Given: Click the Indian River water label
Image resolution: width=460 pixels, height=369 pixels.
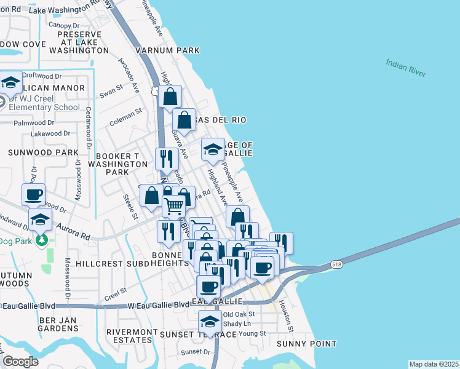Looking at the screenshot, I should (x=406, y=68).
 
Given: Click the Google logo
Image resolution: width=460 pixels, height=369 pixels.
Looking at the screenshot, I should (x=20, y=362).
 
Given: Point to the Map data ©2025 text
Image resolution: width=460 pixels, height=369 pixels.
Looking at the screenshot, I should (x=434, y=364).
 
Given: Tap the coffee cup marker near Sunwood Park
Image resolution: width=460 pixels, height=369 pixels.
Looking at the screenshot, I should (x=34, y=195).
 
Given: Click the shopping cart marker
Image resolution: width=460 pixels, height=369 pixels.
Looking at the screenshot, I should (x=175, y=207).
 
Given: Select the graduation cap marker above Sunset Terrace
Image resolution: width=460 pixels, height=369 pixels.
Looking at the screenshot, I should (x=210, y=322).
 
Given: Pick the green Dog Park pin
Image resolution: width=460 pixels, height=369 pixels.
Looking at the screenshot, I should (x=41, y=239).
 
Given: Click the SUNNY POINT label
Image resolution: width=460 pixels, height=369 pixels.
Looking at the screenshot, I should (x=306, y=344).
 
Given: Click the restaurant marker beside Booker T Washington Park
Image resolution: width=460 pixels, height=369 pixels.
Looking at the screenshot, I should (x=167, y=159).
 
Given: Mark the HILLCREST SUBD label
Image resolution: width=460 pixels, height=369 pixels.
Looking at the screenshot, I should (x=113, y=263).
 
